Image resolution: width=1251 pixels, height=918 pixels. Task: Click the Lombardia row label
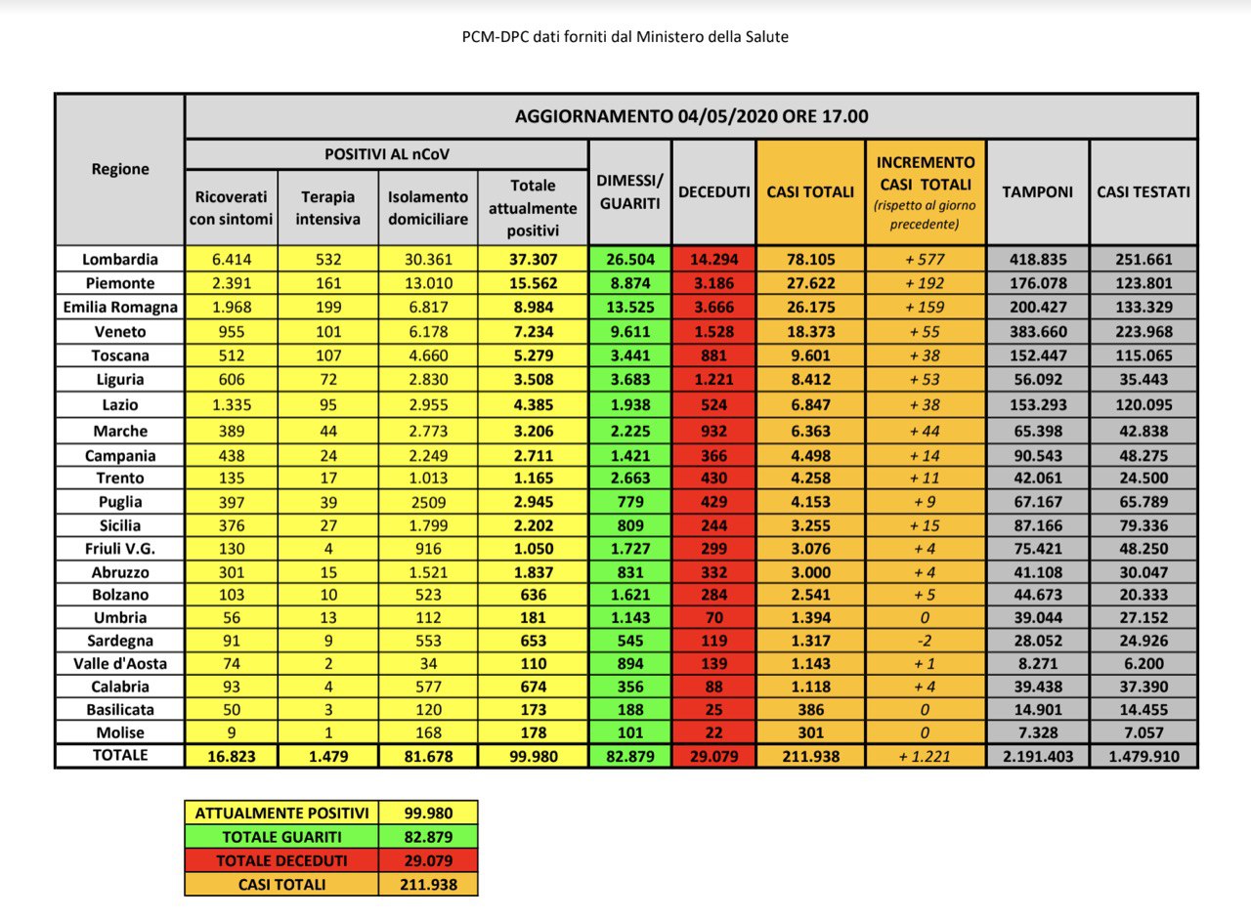pos(119,260)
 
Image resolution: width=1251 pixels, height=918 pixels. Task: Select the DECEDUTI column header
pos(713,192)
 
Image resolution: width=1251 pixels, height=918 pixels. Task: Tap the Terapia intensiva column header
pos(327,207)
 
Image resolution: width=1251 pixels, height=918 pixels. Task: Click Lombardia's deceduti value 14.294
pos(713,260)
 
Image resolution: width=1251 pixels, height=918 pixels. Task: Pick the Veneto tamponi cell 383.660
pos(1038,332)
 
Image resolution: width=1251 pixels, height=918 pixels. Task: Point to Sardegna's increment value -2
pos(925,641)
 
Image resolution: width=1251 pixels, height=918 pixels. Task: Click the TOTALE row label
pos(119,755)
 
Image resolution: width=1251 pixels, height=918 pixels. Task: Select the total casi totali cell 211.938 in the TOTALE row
pos(810,755)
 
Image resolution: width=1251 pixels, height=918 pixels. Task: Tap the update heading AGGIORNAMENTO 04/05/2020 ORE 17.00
pos(691,116)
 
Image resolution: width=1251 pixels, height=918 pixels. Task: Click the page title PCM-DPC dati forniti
pos(625,37)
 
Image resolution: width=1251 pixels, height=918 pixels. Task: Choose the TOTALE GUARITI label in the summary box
pos(280,837)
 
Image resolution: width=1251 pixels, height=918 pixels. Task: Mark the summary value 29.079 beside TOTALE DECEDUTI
pos(428,860)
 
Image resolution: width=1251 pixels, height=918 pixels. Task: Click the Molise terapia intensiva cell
pos(327,732)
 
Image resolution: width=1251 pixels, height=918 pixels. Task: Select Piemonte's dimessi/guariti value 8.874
pos(630,284)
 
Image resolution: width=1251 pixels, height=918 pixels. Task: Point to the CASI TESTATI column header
pos(1143,192)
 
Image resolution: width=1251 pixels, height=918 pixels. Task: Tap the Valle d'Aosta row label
pos(119,664)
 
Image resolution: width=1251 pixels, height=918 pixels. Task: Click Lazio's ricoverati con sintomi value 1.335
pos(232,404)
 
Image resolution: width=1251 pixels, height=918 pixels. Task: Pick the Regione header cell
pos(120,169)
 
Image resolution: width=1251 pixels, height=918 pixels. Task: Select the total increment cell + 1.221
pos(925,756)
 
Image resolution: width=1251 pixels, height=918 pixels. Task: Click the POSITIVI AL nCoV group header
pos(387,154)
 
